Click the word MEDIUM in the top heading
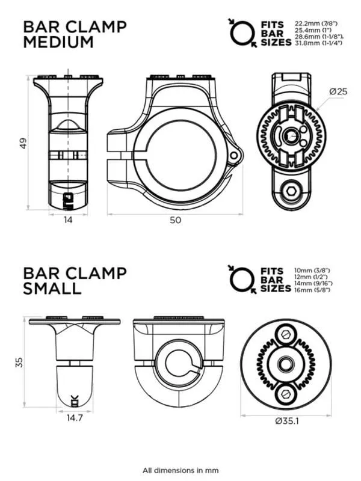coord(58,42)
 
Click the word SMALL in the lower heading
coord(52,289)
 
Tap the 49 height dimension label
coord(23,143)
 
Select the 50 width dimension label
coord(175,220)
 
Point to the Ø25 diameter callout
coord(338,91)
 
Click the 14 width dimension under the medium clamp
coord(68,219)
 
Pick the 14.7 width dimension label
coord(75,417)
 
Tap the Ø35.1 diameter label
coord(287,421)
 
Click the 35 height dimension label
coord(19,363)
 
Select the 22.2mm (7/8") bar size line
coord(316,23)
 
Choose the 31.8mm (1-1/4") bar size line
coord(318,43)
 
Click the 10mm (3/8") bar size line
coord(312,270)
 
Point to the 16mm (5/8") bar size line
coord(312,290)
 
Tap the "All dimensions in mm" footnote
coord(180,470)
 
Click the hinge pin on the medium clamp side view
coord(234,155)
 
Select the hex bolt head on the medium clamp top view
coord(291,192)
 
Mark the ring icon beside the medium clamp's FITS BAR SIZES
coord(242,33)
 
